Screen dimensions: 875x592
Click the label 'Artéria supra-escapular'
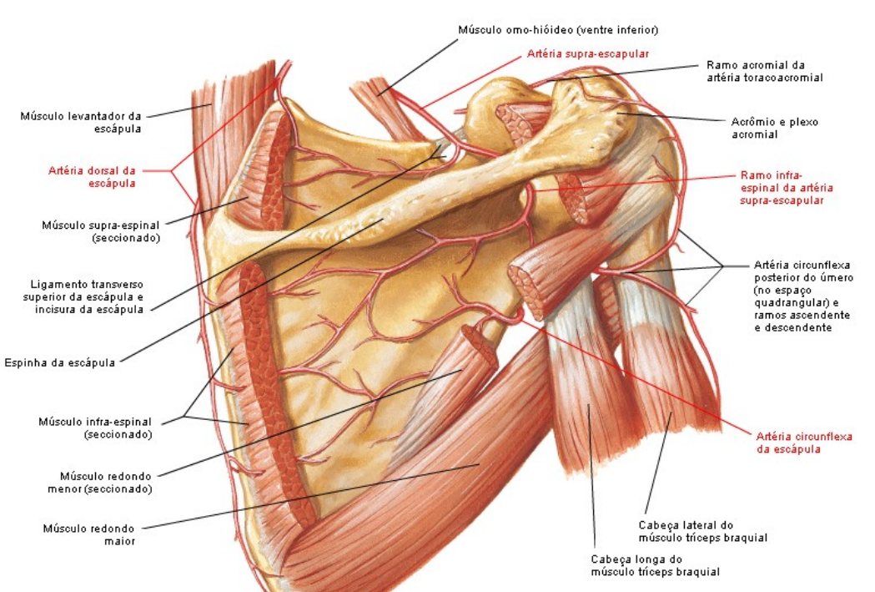click(587, 54)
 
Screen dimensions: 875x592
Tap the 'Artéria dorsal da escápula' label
click(92, 176)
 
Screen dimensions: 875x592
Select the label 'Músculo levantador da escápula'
click(81, 122)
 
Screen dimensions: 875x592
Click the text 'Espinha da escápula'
click(60, 362)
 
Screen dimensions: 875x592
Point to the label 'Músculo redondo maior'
click(89, 534)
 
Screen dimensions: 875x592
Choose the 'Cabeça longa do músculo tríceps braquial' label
click(655, 565)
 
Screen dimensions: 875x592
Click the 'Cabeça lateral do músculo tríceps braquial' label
click(702, 531)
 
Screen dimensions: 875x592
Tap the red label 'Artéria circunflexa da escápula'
click(804, 443)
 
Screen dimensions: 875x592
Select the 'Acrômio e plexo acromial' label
click(775, 128)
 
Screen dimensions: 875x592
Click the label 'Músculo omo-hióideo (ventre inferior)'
click(558, 30)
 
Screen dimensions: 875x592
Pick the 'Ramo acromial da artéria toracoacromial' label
click(765, 71)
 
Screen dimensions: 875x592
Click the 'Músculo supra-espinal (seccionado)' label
click(101, 231)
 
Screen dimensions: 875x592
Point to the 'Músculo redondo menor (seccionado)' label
click(100, 483)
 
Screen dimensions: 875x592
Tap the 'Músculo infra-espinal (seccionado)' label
click(95, 428)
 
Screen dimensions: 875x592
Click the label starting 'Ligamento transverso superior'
click(83, 296)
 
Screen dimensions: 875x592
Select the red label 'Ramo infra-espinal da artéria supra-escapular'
click(787, 188)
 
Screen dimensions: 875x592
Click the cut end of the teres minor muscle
click(480, 345)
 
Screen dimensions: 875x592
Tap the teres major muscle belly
click(424, 475)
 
